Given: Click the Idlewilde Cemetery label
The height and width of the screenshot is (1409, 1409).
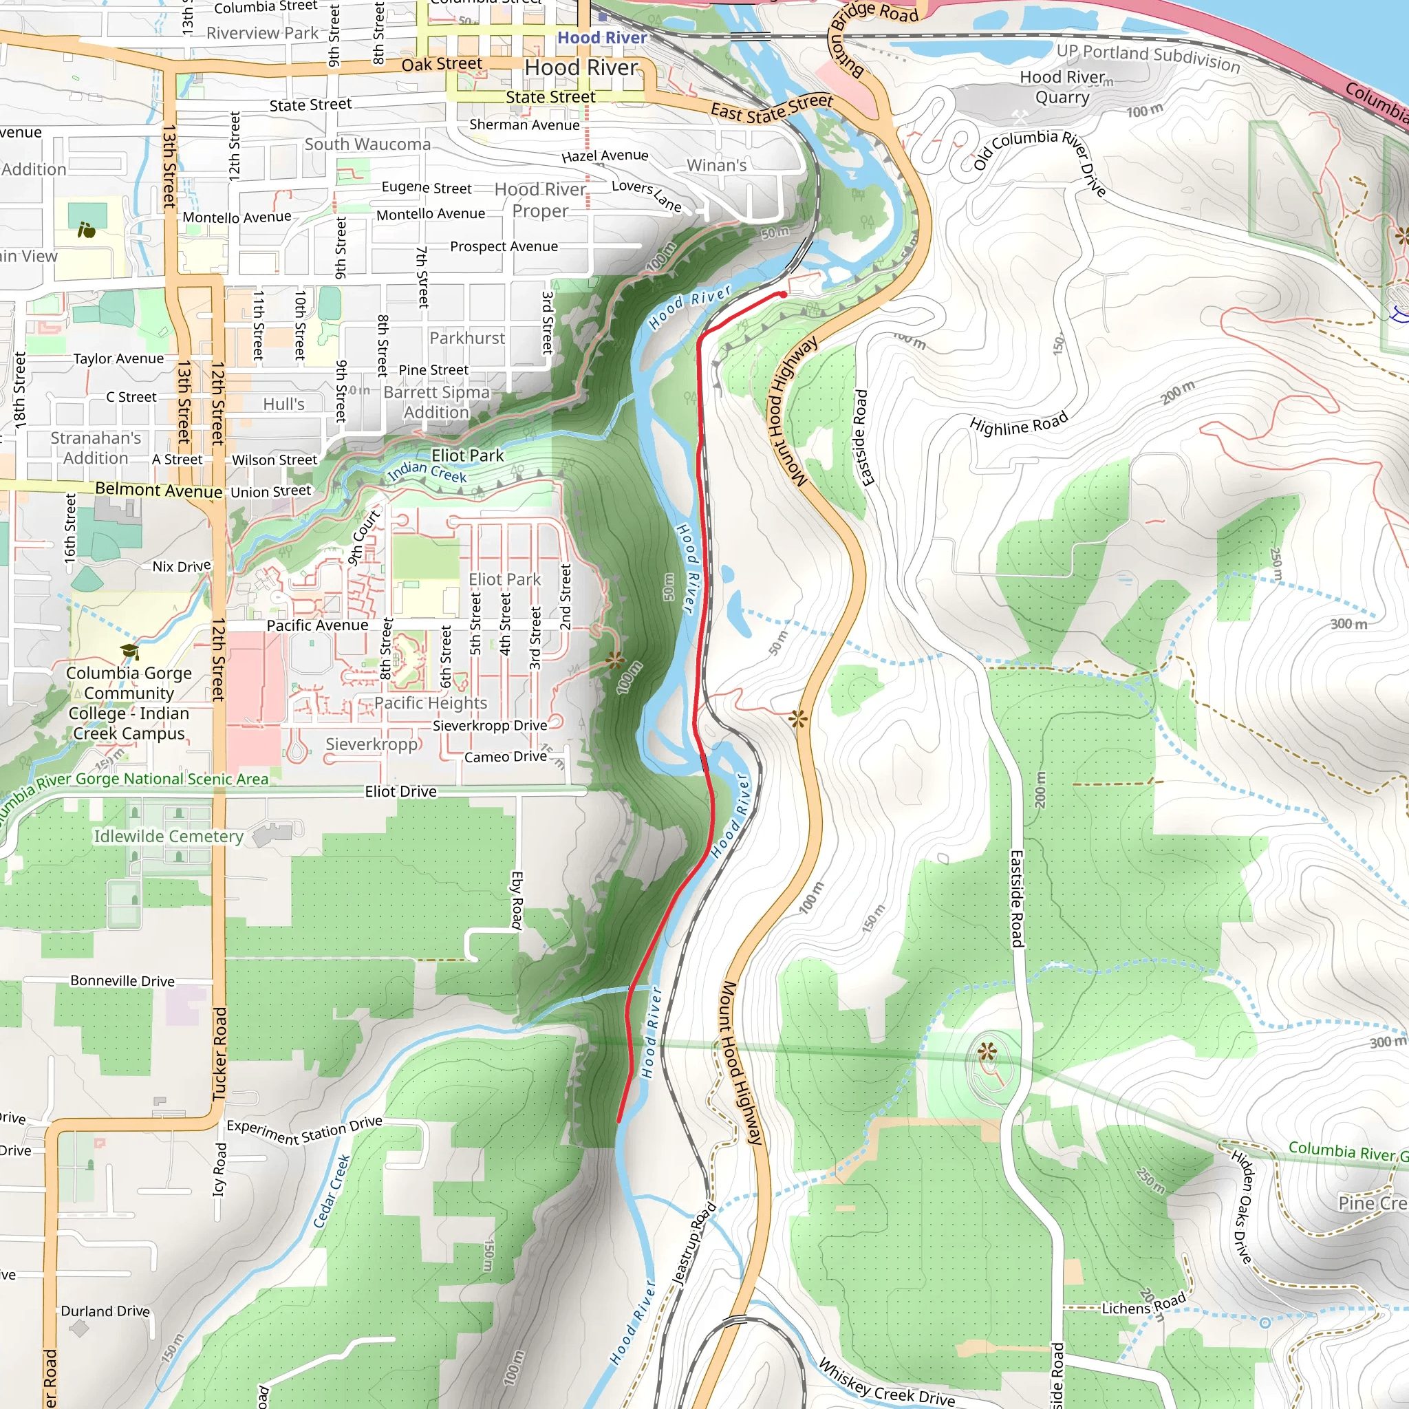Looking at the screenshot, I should click(169, 837).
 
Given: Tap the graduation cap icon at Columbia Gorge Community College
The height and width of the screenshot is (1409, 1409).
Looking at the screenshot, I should click(130, 652).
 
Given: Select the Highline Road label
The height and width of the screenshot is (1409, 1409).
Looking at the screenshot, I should click(1018, 424).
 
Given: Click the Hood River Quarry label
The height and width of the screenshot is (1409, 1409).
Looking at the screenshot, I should click(1062, 87).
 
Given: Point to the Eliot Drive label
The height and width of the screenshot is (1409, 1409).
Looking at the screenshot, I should click(400, 791).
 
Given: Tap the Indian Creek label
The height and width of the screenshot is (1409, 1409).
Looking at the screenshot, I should click(427, 472).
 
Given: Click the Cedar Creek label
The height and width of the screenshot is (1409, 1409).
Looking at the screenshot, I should click(332, 1191).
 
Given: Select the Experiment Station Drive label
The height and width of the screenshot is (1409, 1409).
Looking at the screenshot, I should click(304, 1130).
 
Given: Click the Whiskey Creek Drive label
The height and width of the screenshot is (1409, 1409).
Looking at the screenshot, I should click(886, 1383).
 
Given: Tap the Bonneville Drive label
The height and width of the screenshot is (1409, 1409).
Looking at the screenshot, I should click(122, 981).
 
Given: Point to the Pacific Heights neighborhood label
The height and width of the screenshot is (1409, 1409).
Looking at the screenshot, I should click(430, 703).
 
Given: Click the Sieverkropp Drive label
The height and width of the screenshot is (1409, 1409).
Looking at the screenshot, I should click(489, 726).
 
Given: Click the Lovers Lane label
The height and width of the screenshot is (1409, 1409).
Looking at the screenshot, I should click(646, 195).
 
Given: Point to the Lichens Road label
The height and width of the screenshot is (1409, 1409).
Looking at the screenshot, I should click(1143, 1304).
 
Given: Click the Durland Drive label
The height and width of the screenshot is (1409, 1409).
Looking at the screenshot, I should click(105, 1311).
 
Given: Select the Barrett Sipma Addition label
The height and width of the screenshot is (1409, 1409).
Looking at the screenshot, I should click(436, 402).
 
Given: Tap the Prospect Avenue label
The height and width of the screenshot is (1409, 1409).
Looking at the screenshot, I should click(504, 246).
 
